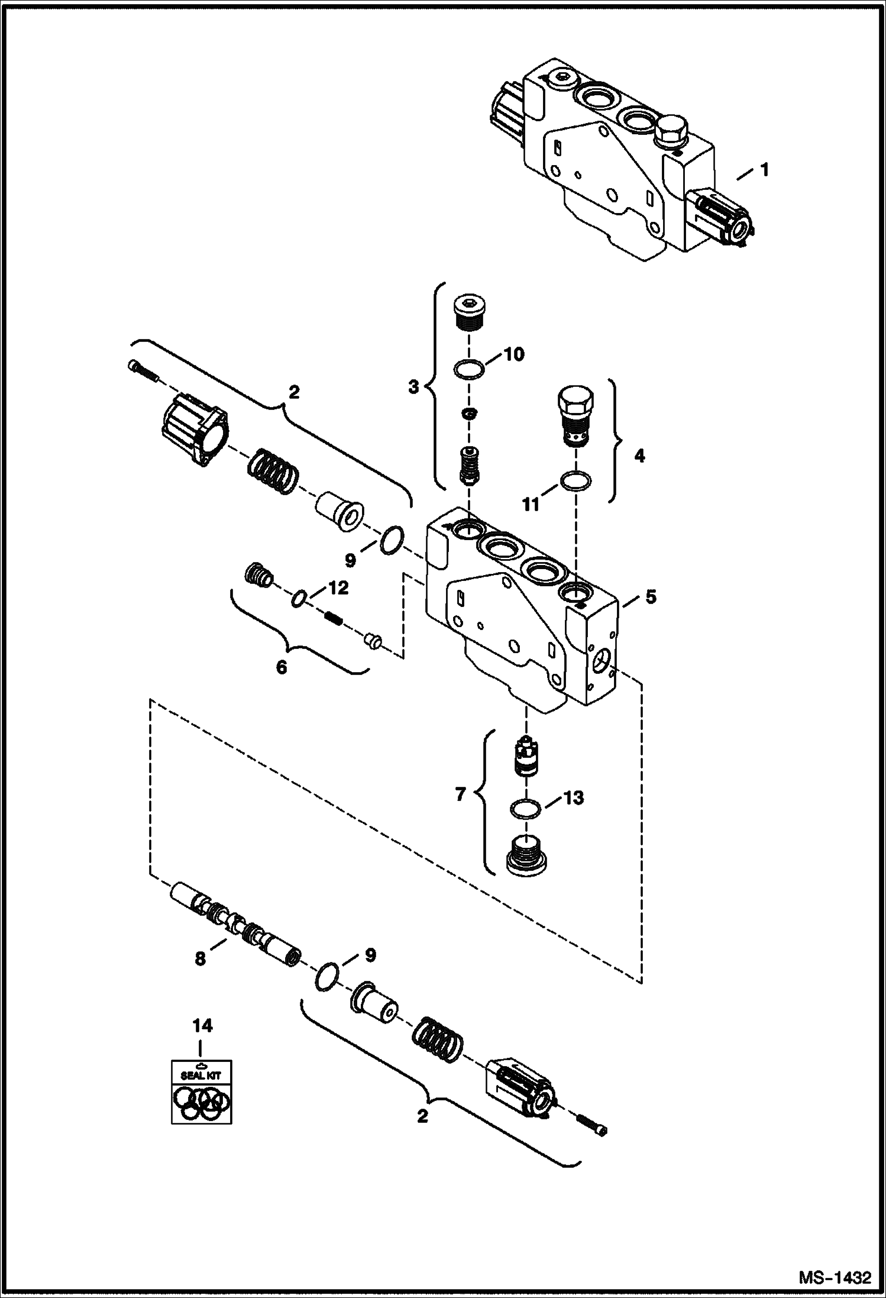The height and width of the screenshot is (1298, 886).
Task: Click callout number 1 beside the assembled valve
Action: pos(764,170)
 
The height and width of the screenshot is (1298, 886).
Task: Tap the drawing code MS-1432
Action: pos(835,1277)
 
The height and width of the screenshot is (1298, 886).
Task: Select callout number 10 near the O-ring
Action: pos(513,354)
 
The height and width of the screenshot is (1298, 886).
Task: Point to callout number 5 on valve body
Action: pos(651,596)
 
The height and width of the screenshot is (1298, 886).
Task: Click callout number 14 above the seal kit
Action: pos(202,1026)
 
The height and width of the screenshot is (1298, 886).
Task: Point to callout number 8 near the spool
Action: pos(201,959)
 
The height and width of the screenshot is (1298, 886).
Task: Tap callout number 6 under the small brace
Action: pos(281,668)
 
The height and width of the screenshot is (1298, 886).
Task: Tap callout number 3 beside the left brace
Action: pos(413,388)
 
